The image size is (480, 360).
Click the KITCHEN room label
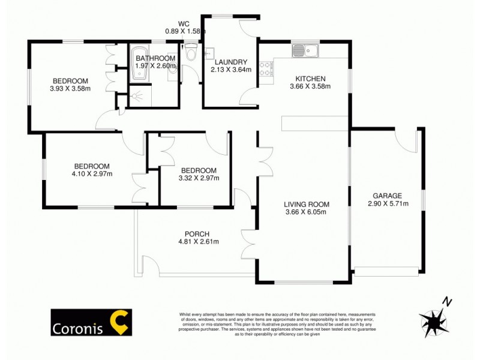(x=310, y=79)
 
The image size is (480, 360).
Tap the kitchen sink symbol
(x=305, y=50)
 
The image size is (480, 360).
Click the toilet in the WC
(x=191, y=53)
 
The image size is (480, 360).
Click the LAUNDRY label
(x=230, y=62)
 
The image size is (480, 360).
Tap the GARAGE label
(x=387, y=196)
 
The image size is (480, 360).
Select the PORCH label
(x=197, y=234)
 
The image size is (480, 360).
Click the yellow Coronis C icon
(x=119, y=322)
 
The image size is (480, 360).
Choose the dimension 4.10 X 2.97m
(x=92, y=174)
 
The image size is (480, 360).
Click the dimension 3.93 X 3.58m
(x=70, y=89)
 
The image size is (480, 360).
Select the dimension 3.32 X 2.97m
(x=199, y=178)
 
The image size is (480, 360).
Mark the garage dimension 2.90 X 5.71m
(x=387, y=203)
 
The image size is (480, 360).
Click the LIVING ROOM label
(x=307, y=204)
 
